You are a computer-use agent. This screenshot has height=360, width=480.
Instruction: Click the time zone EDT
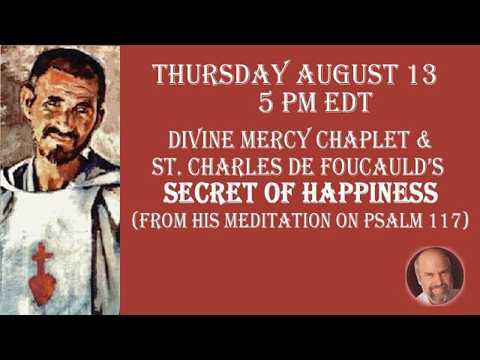point(348,102)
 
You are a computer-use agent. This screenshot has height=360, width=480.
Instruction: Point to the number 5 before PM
point(265,102)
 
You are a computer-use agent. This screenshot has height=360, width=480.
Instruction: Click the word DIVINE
point(202,139)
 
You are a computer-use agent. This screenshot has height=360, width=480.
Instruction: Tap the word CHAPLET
point(363,139)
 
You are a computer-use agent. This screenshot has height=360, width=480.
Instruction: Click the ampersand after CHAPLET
point(424,139)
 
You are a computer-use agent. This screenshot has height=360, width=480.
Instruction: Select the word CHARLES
point(235,167)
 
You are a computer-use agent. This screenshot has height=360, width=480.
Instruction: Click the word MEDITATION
point(277,220)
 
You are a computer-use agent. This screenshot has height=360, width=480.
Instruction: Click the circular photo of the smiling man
point(435,277)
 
